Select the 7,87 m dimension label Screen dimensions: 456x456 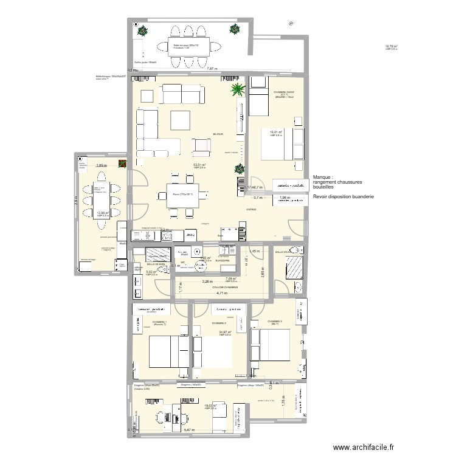coord(212,69)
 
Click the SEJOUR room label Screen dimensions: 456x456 coord(218,134)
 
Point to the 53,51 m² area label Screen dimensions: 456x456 coord(199,165)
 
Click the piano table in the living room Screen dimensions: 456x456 coord(181,195)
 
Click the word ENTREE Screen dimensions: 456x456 coord(251,209)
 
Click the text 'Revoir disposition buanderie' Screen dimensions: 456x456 coord(343,197)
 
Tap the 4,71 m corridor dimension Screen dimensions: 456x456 coord(221,292)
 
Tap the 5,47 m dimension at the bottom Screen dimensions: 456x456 coord(190,430)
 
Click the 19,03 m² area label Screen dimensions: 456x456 coord(211,405)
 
